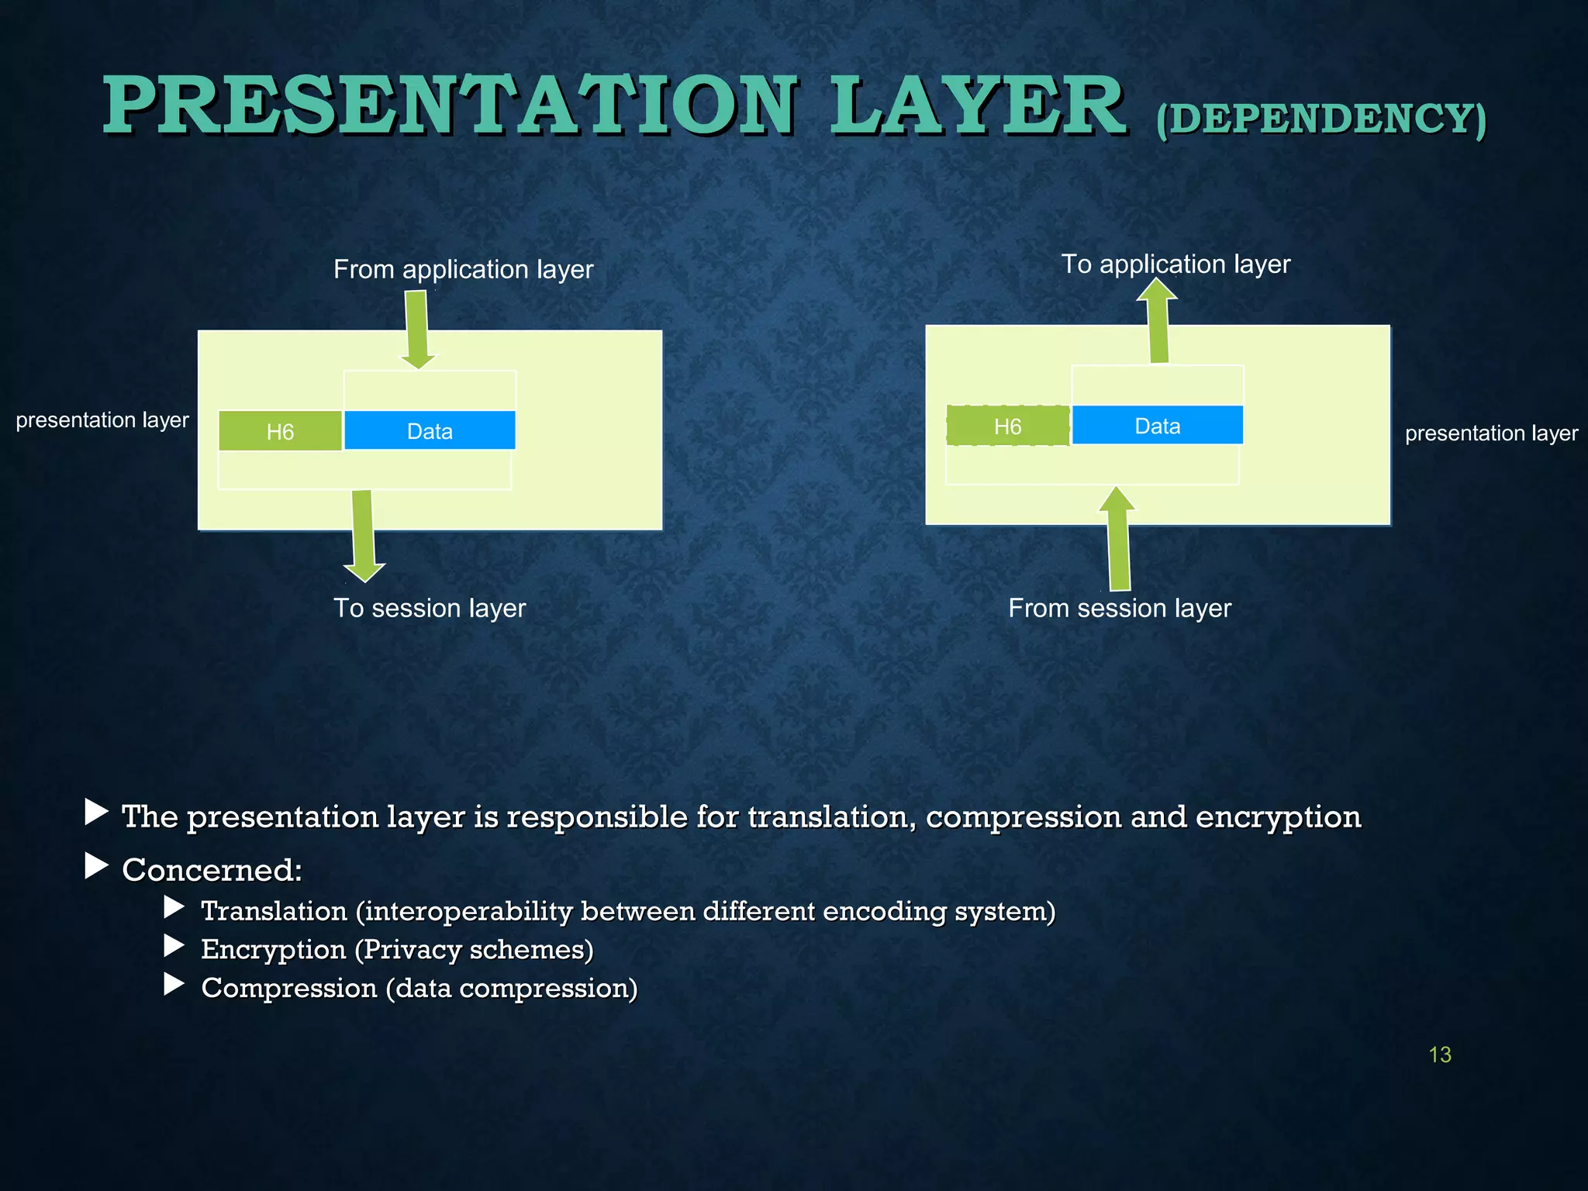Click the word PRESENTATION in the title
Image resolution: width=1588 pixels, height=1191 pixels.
pyautogui.click(x=450, y=106)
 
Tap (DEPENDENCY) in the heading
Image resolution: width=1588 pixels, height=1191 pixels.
pyautogui.click(x=1320, y=120)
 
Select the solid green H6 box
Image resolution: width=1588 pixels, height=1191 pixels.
pyautogui.click(x=280, y=431)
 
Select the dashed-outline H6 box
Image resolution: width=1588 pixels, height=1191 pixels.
pyautogui.click(x=1007, y=426)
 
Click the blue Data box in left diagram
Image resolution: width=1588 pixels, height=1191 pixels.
pyautogui.click(x=430, y=431)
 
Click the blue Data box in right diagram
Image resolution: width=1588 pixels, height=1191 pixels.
pyautogui.click(x=1157, y=426)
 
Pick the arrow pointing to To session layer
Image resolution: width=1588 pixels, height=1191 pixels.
pyautogui.click(x=363, y=535)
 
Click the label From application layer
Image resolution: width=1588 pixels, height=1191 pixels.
pyautogui.click(x=463, y=269)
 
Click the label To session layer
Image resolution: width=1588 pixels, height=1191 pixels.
pyautogui.click(x=429, y=608)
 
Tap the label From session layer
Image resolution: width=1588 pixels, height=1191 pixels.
pyautogui.click(x=1119, y=608)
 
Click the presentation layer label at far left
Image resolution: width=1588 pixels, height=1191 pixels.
pyautogui.click(x=102, y=420)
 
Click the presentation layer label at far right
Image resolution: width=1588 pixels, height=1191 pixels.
pyautogui.click(x=1490, y=433)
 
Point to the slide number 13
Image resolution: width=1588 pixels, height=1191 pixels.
pyautogui.click(x=1439, y=1055)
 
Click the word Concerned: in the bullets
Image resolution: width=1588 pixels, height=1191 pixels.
pyautogui.click(x=212, y=870)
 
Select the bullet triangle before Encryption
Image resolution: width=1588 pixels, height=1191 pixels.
pyautogui.click(x=174, y=945)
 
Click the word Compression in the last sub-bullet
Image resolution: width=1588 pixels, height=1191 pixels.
pyautogui.click(x=288, y=988)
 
